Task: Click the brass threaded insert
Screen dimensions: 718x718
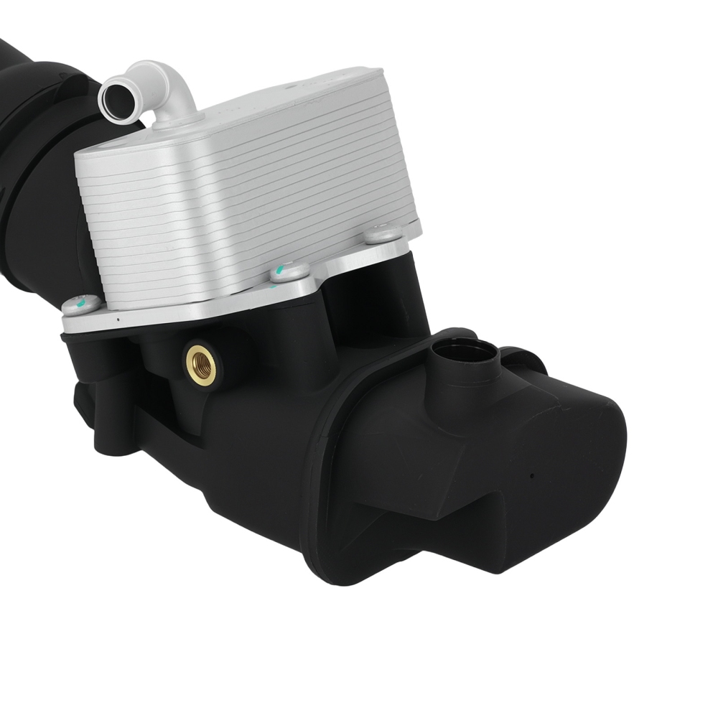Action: [201, 363]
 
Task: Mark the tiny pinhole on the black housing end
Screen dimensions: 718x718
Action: [531, 475]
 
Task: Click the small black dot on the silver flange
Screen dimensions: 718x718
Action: [118, 314]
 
